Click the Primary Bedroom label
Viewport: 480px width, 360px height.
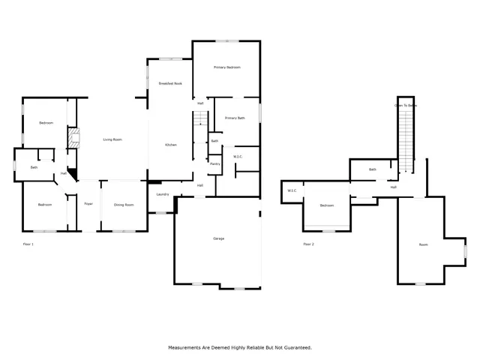pos(226,67)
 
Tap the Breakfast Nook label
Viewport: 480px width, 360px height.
pos(170,83)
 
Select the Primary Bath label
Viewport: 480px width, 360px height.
pos(235,118)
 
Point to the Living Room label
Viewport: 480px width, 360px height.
pos(112,139)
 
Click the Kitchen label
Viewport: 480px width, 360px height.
pos(171,144)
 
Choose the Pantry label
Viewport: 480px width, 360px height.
pos(214,163)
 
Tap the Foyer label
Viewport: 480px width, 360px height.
pos(88,204)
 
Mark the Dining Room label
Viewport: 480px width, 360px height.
pos(124,204)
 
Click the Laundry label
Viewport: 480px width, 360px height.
pos(162,195)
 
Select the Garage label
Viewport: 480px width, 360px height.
pos(219,238)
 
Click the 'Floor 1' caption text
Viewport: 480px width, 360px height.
pos(28,244)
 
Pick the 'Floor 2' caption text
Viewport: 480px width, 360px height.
pos(308,244)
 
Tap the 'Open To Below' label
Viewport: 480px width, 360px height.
pos(405,106)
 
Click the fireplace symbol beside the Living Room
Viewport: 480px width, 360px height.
pos(73,139)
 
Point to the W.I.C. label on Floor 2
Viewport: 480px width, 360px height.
pos(292,190)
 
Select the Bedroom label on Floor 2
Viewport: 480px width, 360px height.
pos(327,205)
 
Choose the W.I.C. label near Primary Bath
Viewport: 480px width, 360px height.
pos(237,156)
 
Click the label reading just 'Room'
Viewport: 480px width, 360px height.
pos(423,245)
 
